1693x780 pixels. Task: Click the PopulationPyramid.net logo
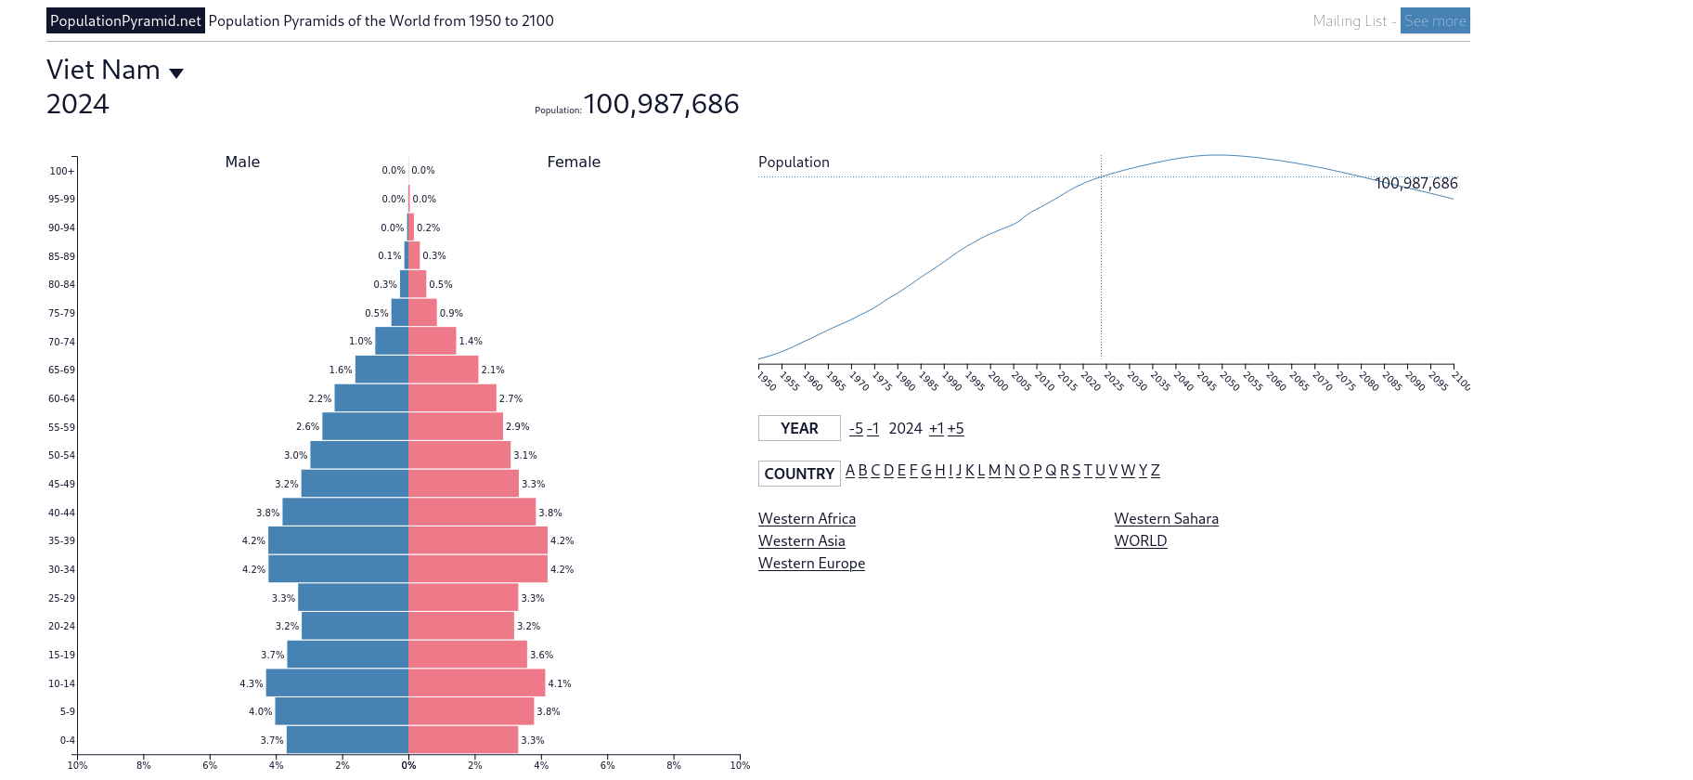click(x=125, y=20)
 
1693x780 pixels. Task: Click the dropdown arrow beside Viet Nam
click(x=176, y=72)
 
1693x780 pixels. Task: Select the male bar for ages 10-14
click(x=337, y=682)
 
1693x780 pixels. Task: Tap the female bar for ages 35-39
click(x=478, y=540)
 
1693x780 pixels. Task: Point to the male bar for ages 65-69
click(x=381, y=370)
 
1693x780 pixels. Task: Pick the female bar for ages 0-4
click(x=463, y=740)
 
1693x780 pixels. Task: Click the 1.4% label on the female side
click(x=471, y=342)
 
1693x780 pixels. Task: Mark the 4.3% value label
click(x=251, y=683)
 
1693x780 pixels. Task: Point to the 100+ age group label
click(x=61, y=171)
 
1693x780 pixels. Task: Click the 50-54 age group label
click(x=61, y=455)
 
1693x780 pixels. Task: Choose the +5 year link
click(x=955, y=428)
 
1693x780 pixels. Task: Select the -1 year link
click(x=872, y=428)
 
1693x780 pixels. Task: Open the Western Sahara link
click(x=1166, y=518)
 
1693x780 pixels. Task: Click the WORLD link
click(x=1140, y=540)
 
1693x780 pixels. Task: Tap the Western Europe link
click(x=811, y=563)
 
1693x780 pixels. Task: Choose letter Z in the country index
click(x=1155, y=470)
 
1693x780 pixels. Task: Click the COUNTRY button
click(x=799, y=474)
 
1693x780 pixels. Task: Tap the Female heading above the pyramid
click(x=574, y=162)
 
